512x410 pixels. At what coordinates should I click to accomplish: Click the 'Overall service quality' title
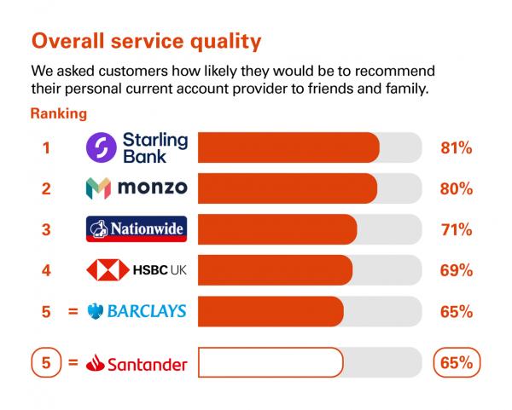click(x=146, y=42)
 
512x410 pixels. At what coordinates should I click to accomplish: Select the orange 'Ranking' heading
click(x=59, y=114)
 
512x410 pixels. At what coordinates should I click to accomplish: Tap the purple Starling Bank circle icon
click(x=102, y=147)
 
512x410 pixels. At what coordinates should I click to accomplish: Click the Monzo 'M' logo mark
click(x=98, y=188)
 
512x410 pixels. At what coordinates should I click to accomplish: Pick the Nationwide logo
click(x=137, y=229)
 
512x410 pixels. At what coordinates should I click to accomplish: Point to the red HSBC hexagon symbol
click(x=108, y=269)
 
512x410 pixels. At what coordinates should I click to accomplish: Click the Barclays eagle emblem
click(x=96, y=311)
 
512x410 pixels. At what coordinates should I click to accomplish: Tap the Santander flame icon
click(x=95, y=363)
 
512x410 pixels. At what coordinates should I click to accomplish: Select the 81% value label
click(x=457, y=147)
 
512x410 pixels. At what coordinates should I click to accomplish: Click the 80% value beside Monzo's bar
click(x=457, y=189)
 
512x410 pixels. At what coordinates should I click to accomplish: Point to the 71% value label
click(x=457, y=229)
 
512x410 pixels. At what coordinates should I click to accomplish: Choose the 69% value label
click(x=457, y=270)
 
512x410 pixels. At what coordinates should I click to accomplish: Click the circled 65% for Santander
click(x=457, y=362)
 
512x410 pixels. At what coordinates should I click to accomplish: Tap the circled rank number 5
click(x=46, y=362)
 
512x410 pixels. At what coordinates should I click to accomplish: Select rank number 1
click(x=46, y=147)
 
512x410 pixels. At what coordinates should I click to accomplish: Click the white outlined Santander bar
click(x=271, y=362)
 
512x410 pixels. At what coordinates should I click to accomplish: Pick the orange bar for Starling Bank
click(x=288, y=147)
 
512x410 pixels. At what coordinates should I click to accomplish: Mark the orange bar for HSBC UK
click(x=276, y=270)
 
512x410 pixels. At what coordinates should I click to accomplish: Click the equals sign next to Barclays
click(x=73, y=311)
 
